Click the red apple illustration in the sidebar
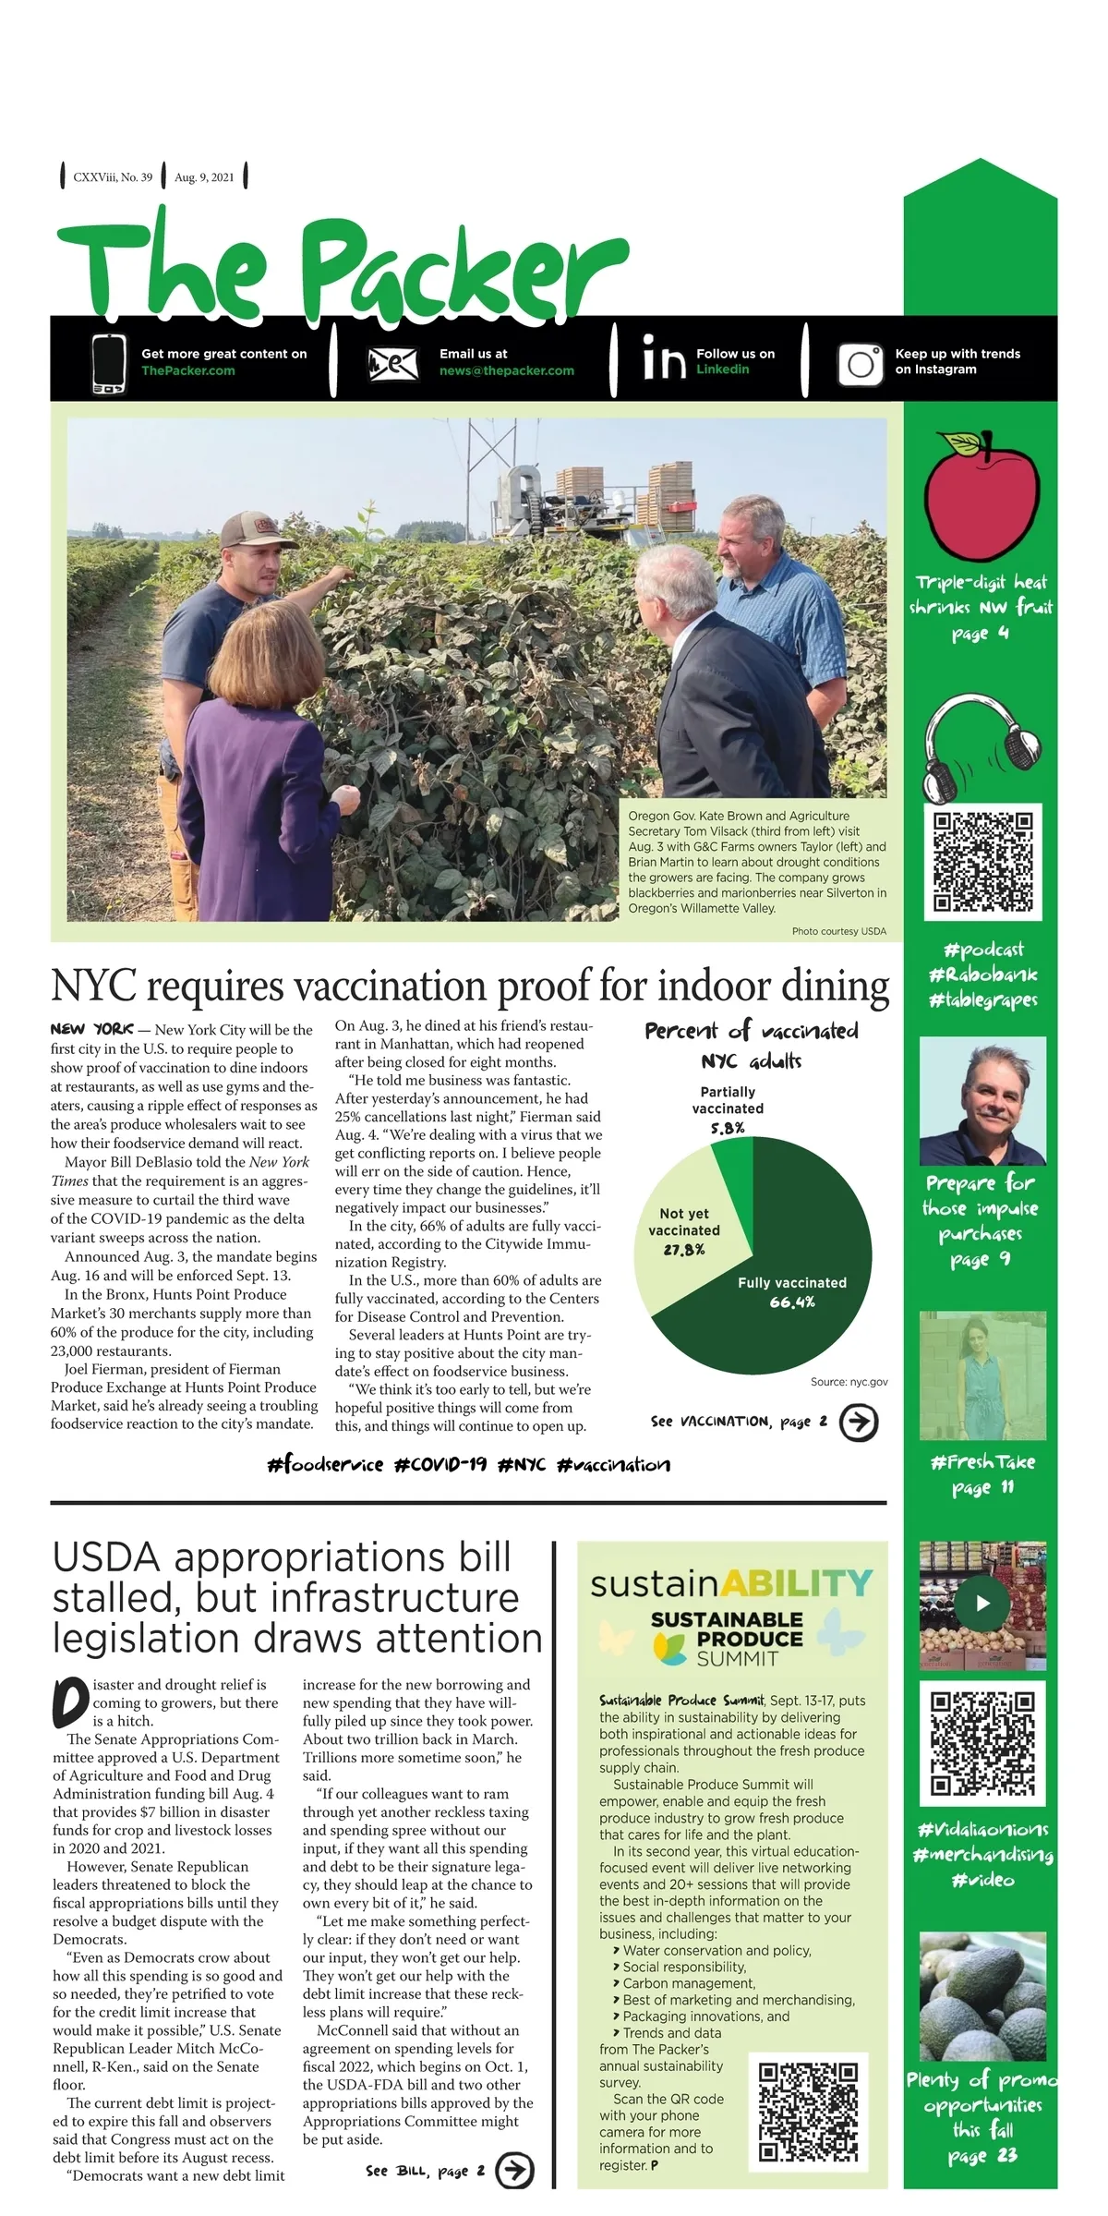click(981, 500)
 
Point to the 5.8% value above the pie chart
click(728, 1128)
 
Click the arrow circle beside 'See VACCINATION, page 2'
click(858, 1423)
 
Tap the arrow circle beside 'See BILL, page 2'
click(514, 2170)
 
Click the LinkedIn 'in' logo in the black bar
click(664, 360)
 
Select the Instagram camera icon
click(860, 363)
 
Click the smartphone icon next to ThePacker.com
click(109, 363)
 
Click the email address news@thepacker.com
click(506, 370)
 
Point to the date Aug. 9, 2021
click(204, 177)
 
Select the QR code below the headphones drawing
click(982, 861)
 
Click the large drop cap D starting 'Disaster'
click(70, 1702)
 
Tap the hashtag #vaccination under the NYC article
click(613, 1464)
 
